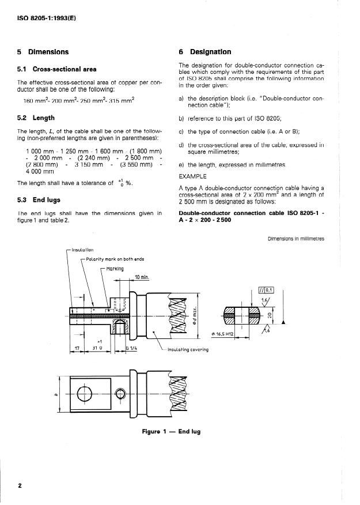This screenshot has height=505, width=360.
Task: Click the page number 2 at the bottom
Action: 20,485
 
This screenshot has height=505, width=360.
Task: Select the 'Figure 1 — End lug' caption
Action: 171,432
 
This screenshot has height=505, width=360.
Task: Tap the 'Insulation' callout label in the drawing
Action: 82,250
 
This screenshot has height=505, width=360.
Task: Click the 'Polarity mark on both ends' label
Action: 111,259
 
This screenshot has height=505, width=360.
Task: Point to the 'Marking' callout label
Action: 115,269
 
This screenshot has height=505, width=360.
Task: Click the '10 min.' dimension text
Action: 142,277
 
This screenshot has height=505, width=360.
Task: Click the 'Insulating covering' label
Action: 188,349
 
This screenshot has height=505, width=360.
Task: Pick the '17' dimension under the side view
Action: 77,348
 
